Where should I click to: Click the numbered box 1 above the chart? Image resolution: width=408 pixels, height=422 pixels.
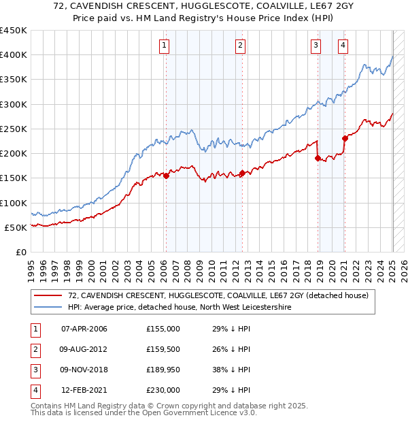(x=165, y=46)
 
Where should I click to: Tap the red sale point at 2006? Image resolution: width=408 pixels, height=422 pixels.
(x=166, y=176)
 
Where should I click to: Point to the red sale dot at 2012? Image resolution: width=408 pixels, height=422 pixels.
(x=242, y=173)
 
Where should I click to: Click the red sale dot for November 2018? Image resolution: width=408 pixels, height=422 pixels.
(x=318, y=158)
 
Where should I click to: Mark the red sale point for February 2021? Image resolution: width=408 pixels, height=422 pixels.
(x=345, y=138)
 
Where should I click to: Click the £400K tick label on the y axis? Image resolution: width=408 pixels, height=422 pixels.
(x=14, y=55)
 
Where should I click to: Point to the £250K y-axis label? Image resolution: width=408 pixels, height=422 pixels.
(x=14, y=129)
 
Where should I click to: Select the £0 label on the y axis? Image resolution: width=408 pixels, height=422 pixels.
(x=20, y=252)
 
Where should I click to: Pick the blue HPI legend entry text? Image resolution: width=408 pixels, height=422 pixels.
(x=179, y=307)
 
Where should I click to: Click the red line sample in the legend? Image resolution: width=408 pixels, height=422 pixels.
(x=48, y=295)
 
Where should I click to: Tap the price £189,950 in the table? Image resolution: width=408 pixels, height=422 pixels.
(x=163, y=370)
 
